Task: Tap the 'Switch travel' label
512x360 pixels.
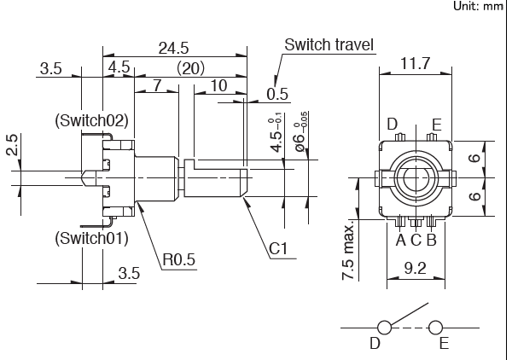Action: pyautogui.click(x=329, y=44)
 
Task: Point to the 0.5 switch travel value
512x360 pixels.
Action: pyautogui.click(x=276, y=94)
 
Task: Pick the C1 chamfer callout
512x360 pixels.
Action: pyautogui.click(x=278, y=249)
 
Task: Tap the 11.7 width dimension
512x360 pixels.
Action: pyautogui.click(x=415, y=62)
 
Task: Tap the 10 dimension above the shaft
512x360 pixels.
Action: pyautogui.click(x=218, y=86)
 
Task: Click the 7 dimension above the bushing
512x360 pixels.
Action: pyautogui.click(x=159, y=86)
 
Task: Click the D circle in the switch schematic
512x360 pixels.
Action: pyautogui.click(x=384, y=328)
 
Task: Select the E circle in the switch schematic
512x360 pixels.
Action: pyautogui.click(x=437, y=328)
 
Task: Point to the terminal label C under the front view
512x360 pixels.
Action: pyautogui.click(x=416, y=240)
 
